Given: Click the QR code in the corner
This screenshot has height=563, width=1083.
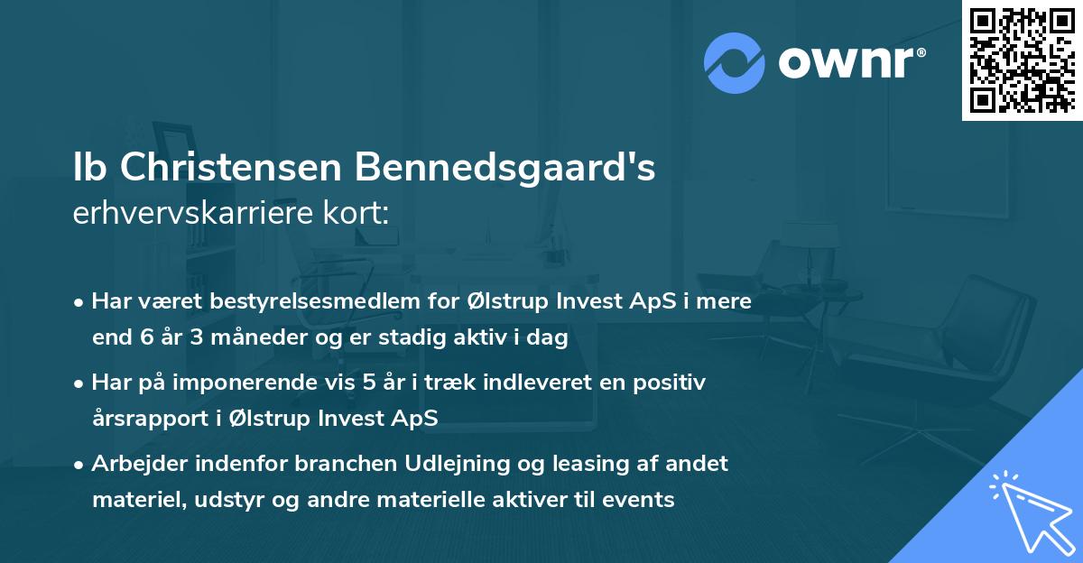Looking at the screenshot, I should point(1022,60).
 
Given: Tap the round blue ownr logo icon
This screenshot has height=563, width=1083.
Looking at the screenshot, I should point(735,63).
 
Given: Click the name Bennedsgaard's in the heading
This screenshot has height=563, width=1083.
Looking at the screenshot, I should point(504,168).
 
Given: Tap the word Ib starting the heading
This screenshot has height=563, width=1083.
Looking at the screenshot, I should point(87,168).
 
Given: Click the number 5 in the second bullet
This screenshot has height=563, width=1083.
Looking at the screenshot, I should point(368,383).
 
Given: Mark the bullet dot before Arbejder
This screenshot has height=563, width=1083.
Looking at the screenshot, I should point(80,465).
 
